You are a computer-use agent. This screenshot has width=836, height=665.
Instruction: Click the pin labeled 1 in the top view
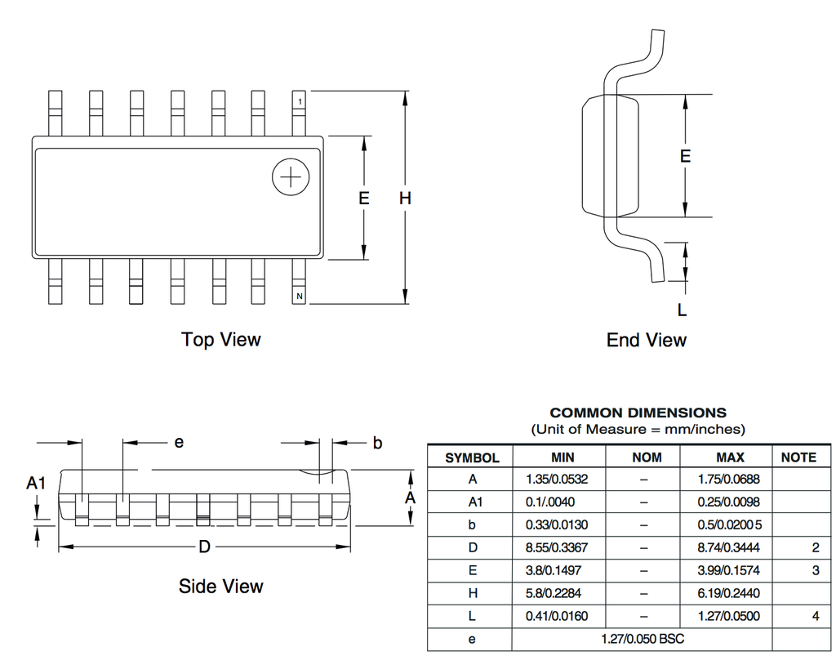(299, 113)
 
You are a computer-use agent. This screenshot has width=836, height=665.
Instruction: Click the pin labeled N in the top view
(299, 282)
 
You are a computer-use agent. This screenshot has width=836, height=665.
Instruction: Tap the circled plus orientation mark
(291, 176)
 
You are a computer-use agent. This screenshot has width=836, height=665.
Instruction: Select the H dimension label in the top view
(405, 199)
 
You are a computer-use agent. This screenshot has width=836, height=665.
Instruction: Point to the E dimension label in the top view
(363, 199)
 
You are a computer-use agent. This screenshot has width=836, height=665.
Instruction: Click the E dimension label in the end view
(685, 156)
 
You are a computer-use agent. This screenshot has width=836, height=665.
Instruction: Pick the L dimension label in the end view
(682, 310)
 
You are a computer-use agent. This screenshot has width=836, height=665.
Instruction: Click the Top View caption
(220, 339)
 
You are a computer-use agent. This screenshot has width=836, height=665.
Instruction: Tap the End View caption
(647, 340)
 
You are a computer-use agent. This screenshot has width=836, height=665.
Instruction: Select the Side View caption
(220, 586)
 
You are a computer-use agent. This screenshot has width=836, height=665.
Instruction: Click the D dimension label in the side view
(204, 547)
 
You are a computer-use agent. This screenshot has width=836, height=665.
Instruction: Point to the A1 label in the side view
(36, 483)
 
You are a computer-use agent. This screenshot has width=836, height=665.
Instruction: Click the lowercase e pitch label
(179, 443)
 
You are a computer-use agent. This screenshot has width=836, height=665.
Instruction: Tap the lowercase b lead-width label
(377, 443)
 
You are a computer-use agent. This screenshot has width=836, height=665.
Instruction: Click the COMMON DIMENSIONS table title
(638, 413)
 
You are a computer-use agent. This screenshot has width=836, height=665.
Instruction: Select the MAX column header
(730, 457)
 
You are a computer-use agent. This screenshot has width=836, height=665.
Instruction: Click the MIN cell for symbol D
(557, 547)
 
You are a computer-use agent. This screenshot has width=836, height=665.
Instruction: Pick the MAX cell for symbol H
(728, 593)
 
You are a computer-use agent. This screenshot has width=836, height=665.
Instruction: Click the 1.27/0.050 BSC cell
(643, 639)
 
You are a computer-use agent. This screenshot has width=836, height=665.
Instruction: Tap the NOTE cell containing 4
(816, 616)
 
